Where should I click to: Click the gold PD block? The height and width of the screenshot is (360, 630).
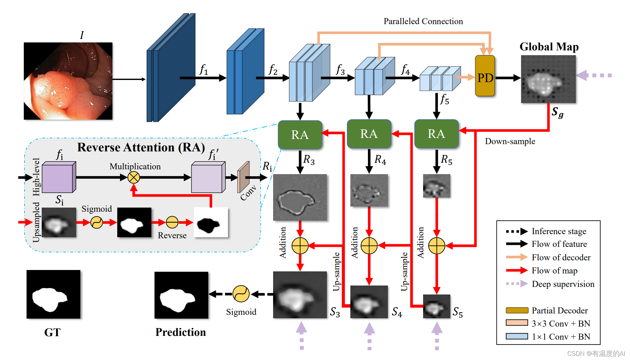(485, 76)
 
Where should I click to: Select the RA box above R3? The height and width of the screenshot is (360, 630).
(300, 134)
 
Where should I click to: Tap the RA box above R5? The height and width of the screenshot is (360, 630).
(436, 134)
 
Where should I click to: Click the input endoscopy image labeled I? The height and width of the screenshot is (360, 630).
(68, 81)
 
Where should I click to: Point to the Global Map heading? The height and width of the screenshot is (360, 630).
(549, 47)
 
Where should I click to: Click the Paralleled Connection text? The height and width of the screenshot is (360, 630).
(423, 21)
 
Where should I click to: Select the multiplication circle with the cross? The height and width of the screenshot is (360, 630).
(133, 178)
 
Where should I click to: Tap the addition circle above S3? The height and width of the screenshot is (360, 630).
(300, 246)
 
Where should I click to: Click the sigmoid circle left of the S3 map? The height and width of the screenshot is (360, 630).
(241, 294)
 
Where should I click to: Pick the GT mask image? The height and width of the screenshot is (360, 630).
(53, 294)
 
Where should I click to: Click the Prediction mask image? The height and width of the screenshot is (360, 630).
(181, 295)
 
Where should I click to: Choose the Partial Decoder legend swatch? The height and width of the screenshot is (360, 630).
(517, 310)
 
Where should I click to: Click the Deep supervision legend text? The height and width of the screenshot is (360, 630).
(563, 284)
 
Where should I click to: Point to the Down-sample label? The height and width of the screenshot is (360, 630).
(510, 141)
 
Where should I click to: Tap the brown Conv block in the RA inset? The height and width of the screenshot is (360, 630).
(243, 177)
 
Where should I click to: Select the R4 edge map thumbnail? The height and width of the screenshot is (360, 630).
(369, 190)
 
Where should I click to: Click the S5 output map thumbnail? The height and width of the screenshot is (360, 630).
(437, 306)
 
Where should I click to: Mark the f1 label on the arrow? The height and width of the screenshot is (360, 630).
(204, 70)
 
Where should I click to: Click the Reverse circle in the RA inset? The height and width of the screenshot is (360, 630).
(172, 222)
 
